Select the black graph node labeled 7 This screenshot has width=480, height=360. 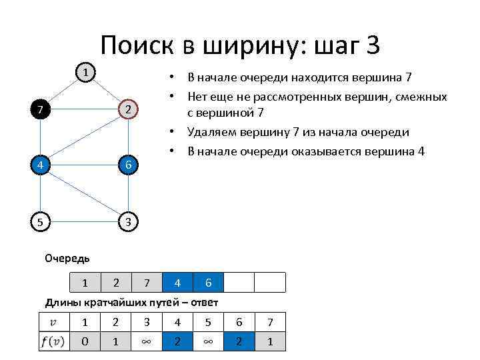coord(41,109)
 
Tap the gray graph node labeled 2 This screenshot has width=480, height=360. coord(129,109)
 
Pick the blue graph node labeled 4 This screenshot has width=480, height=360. coord(41,165)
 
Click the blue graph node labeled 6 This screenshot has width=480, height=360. coord(129,165)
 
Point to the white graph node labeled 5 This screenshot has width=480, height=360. coord(41,221)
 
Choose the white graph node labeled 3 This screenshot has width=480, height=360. coord(129,221)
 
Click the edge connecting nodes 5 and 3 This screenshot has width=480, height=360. coord(85,221)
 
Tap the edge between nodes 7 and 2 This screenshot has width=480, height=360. coord(85,109)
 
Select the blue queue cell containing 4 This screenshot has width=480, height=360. coord(177,283)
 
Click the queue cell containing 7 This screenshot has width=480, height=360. coord(147,283)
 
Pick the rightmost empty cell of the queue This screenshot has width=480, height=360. coord(270,283)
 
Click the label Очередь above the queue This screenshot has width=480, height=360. coord(67,258)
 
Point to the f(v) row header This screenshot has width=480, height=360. coord(53,341)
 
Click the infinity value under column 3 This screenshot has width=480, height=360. coord(147,341)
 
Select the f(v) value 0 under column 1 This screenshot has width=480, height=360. coord(85,341)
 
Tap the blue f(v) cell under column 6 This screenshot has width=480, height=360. coord(239,341)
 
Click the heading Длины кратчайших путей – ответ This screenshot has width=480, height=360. coord(131,303)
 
